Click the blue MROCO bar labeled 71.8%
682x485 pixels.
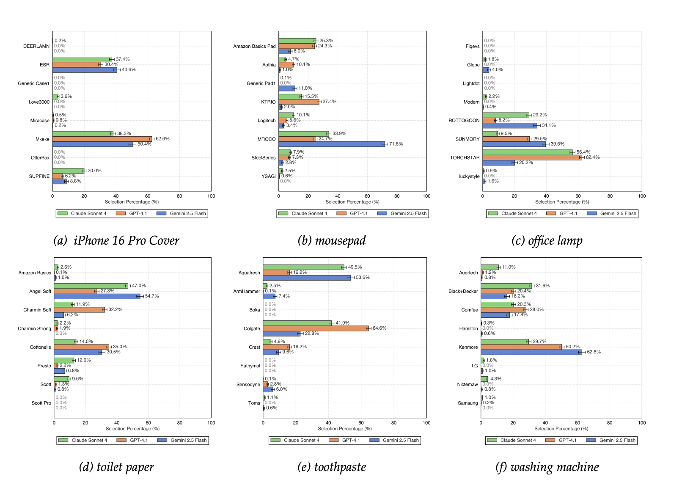point(332,144)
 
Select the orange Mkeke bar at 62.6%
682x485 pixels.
point(102,139)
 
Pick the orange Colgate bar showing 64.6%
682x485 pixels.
point(316,328)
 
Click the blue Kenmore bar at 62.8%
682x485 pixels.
point(531,352)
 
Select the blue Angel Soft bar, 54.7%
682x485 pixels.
point(97,296)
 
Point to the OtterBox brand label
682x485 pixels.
point(40,158)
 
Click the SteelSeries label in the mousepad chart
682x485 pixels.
point(263,158)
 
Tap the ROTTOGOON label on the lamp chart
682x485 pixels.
point(464,121)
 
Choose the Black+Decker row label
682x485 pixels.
point(463,292)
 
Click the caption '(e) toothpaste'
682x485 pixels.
point(332,467)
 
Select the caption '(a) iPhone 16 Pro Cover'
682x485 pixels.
point(116,241)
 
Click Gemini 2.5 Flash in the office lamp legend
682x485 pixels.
point(618,214)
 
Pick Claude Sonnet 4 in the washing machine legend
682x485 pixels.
point(518,441)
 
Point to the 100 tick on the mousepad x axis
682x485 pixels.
point(426,196)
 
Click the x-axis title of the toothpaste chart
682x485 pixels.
point(344,429)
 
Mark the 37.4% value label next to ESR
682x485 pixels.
point(123,59)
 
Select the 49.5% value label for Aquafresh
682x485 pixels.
point(355,267)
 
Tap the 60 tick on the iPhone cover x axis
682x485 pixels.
point(148,196)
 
